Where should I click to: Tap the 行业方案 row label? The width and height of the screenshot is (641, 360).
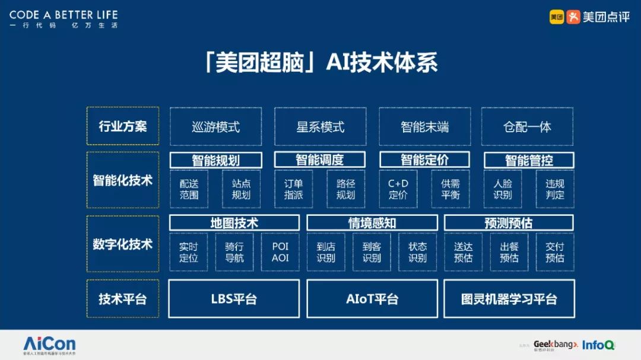tap(122, 126)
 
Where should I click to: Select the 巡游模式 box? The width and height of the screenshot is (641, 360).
tap(216, 126)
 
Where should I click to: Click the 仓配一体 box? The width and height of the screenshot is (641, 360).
tap(527, 126)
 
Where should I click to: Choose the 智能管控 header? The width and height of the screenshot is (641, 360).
tap(529, 160)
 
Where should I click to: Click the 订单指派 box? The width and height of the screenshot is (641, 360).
tap(294, 189)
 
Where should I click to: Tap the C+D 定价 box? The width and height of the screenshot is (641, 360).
tap(398, 189)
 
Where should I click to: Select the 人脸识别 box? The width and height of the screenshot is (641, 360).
tap(503, 189)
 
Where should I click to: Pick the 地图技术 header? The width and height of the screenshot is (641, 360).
tap(234, 223)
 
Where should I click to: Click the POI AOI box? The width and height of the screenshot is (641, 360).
tap(280, 252)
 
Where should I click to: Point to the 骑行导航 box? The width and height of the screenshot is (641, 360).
tap(234, 252)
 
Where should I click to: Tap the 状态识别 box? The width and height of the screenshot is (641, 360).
tap(418, 252)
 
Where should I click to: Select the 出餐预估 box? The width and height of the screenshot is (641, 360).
tap(509, 252)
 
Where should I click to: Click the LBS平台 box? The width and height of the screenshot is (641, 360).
tap(234, 299)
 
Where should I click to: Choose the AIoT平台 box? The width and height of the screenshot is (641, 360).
tap(372, 299)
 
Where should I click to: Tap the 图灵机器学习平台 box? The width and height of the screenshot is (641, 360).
tap(509, 299)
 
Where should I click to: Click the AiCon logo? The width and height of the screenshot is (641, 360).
tap(49, 344)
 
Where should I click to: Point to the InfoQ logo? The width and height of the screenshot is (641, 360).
tap(598, 345)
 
